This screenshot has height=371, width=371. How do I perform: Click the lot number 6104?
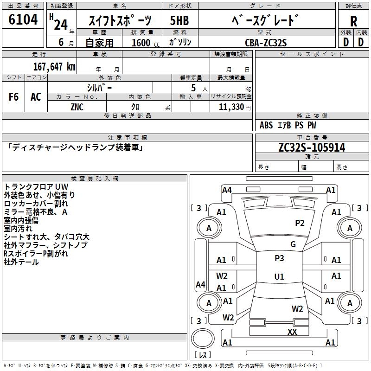pos(23,20)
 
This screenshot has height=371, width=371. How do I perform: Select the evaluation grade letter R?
pos(353,21)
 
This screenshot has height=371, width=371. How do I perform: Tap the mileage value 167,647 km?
pos(54,66)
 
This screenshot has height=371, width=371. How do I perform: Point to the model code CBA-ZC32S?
pos(266,43)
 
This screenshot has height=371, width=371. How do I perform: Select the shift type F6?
pos(14,97)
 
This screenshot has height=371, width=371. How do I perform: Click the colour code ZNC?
pos(77,107)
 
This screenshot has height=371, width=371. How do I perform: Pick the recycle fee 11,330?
pos(234,107)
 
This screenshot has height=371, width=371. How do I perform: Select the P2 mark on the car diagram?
pos(300,223)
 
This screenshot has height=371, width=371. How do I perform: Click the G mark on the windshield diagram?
pos(293,244)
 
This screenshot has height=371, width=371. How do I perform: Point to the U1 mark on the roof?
pos(279,277)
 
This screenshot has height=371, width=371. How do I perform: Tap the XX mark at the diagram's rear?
pos(292,332)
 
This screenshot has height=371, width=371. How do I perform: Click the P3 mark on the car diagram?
pos(279,258)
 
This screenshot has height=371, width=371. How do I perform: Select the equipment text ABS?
pos(266,125)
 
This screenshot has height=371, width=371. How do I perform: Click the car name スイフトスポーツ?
pos(120,21)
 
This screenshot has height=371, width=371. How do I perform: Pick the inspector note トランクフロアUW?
pos(36,186)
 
